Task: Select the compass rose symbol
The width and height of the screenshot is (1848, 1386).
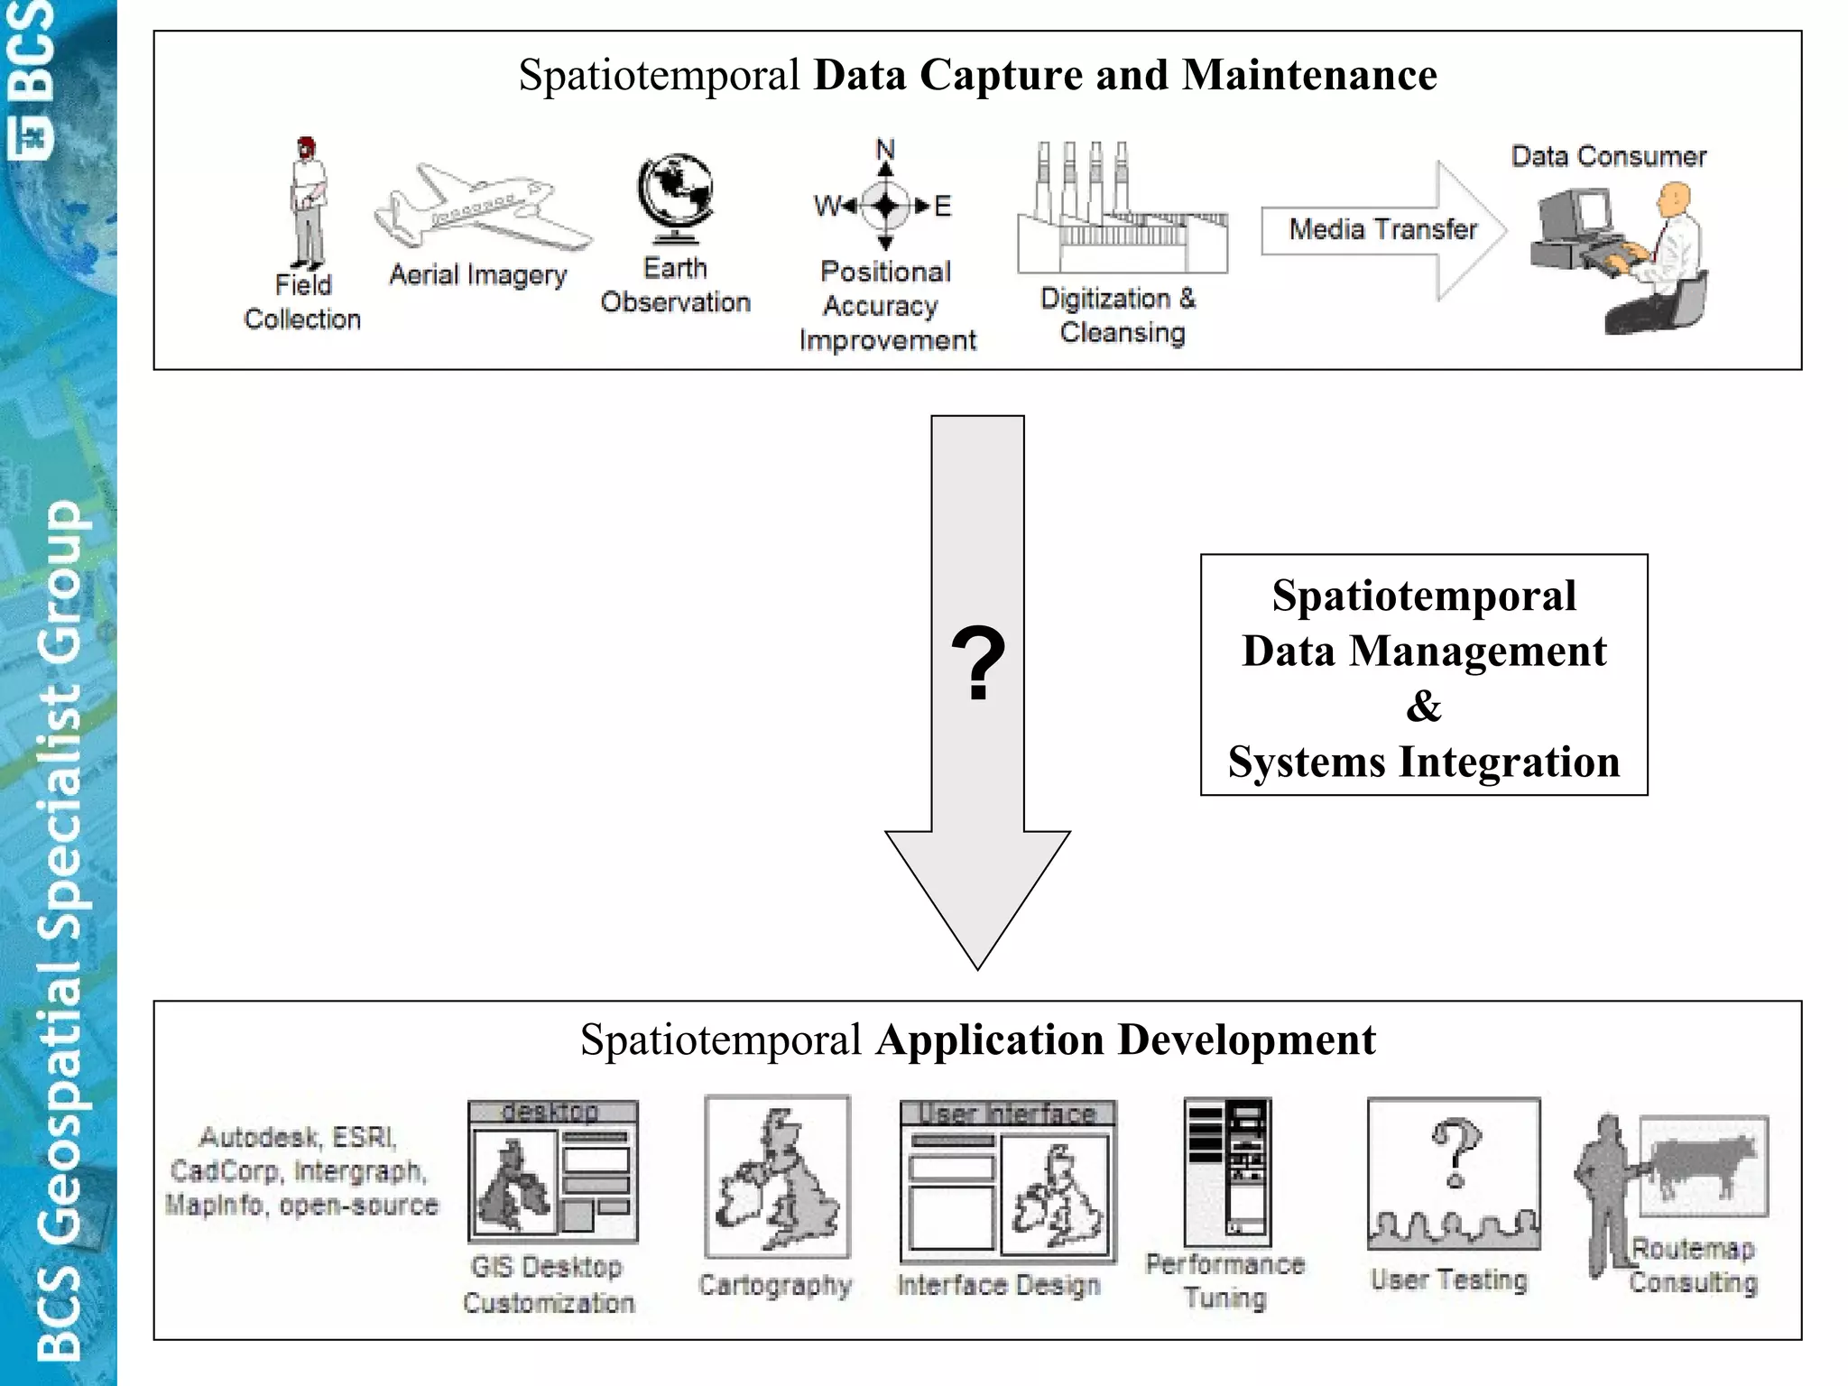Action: (885, 206)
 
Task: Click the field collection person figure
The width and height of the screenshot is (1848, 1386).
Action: (308, 200)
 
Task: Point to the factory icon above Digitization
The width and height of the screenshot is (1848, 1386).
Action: (1122, 213)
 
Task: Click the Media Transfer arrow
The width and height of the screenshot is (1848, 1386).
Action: (1383, 230)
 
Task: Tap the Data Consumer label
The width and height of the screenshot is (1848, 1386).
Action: (1609, 157)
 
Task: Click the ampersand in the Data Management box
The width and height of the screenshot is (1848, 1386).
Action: (1424, 706)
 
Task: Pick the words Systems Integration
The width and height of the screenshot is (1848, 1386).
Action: (1424, 762)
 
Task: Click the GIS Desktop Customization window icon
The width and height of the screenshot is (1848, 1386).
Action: (552, 1171)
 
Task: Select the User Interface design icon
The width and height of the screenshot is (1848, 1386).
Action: (1007, 1181)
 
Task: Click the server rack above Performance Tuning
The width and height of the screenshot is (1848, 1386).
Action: (1227, 1170)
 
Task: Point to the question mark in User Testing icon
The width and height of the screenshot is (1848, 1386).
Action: (1455, 1151)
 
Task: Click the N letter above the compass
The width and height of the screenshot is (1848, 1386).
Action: (885, 149)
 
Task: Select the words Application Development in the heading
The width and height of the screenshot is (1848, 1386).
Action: (1125, 1040)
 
